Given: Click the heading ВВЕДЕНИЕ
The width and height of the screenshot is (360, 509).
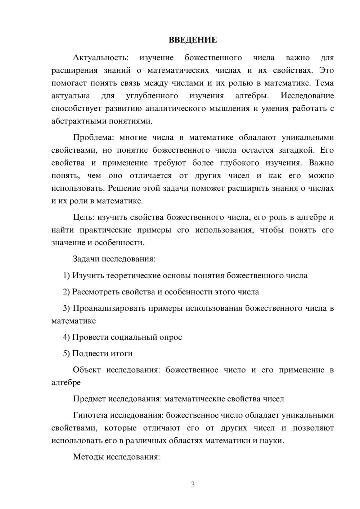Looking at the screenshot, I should click(x=193, y=40).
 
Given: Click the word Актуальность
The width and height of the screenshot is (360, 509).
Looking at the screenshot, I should click(x=100, y=58).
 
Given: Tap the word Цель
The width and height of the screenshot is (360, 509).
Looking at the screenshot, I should click(x=84, y=217).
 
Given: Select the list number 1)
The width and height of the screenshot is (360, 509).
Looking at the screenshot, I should click(x=66, y=276).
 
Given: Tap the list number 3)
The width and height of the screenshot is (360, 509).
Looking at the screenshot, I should click(x=66, y=308).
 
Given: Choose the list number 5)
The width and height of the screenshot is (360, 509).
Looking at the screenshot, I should click(x=66, y=354).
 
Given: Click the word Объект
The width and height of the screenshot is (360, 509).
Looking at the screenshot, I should click(x=87, y=370).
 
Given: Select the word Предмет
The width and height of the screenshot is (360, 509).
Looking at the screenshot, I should click(x=89, y=399).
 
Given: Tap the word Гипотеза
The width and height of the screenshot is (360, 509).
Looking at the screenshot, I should click(x=90, y=415).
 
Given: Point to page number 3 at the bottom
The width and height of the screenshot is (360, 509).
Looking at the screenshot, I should click(x=193, y=485).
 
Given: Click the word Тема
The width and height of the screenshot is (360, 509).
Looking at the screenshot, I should click(x=324, y=84).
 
